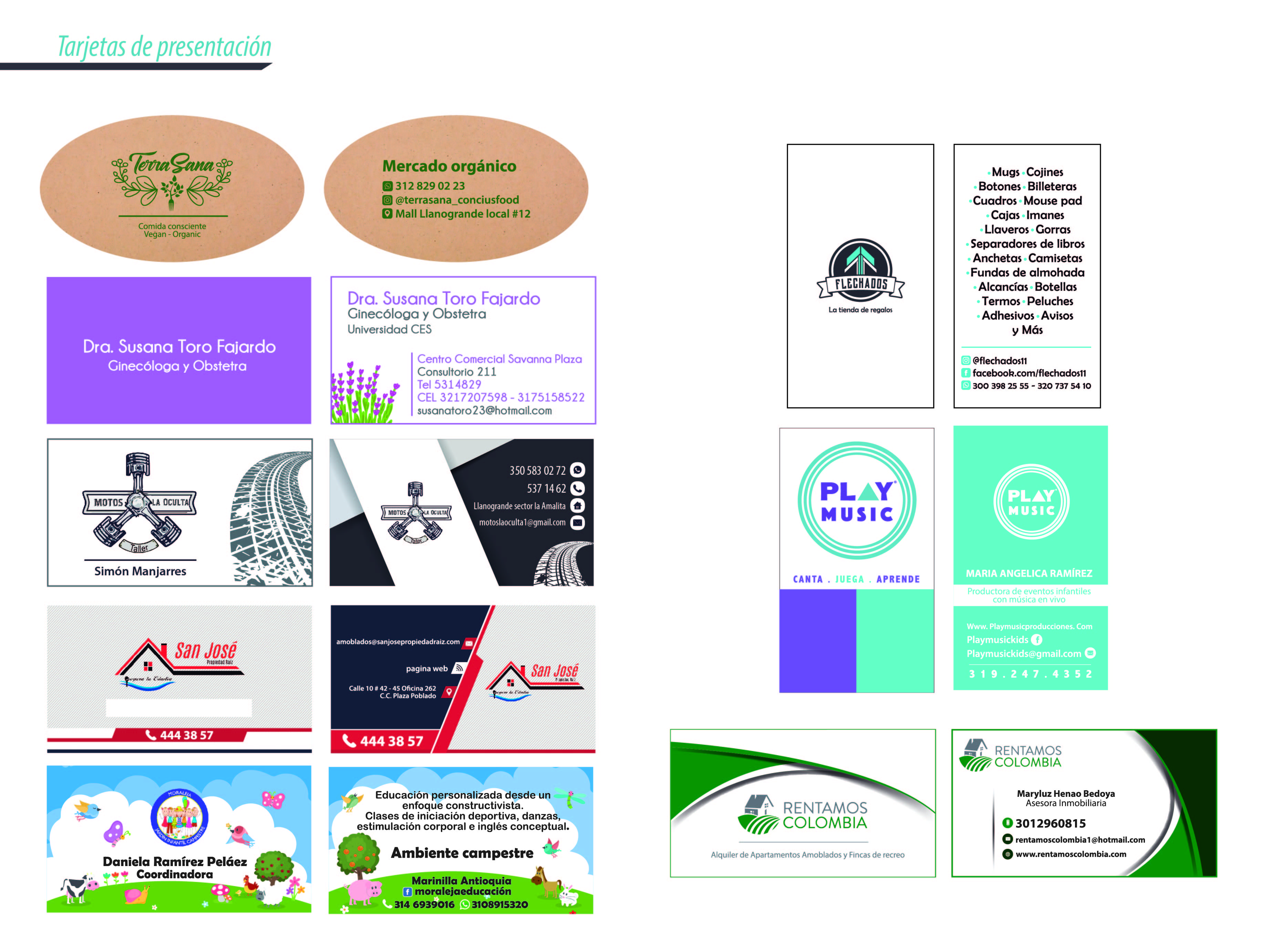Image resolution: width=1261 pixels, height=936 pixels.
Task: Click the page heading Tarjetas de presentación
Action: [164, 47]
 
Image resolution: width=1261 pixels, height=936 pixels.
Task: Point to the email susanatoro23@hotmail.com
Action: [484, 411]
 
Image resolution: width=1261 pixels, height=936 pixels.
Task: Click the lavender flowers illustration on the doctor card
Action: [363, 394]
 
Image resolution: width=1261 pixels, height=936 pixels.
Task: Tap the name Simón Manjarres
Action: [140, 571]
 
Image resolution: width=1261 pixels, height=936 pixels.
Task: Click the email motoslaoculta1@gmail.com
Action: [522, 522]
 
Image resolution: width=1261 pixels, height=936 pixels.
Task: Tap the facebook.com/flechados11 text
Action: [1029, 373]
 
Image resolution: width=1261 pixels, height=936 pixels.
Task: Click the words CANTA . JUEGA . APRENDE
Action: [856, 579]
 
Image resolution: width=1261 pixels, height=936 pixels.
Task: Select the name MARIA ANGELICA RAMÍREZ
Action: [1029, 573]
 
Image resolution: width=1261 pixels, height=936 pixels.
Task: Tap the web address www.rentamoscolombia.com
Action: [1070, 854]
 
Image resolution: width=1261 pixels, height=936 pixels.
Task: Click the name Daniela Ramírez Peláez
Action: [175, 862]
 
